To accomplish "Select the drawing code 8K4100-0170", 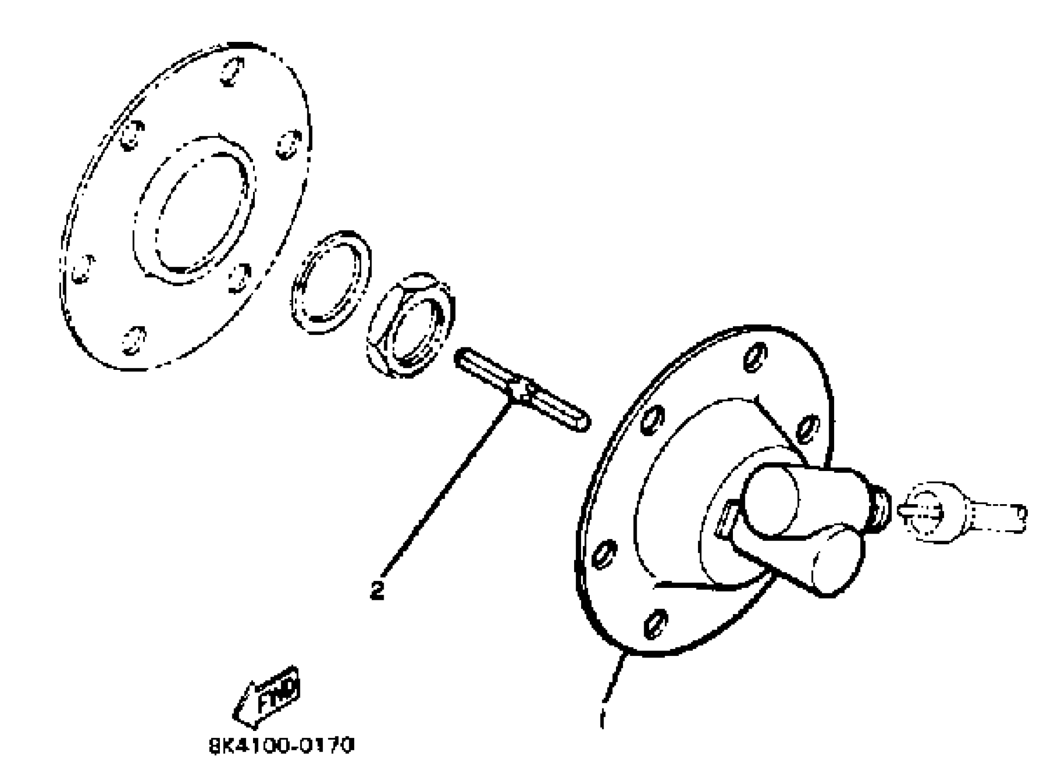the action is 281,746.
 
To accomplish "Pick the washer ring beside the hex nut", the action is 331,282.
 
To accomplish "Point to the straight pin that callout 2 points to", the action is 522,390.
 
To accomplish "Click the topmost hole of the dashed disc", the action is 232,71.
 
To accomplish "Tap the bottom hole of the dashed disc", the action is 133,339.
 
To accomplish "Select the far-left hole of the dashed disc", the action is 83,270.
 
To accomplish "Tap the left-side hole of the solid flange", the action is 604,554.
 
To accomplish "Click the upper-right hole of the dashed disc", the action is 289,144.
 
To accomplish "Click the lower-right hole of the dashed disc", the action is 240,278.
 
